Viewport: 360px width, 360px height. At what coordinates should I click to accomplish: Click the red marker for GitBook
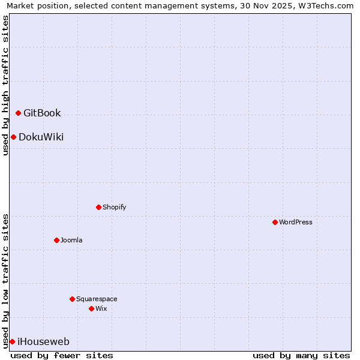[18, 113]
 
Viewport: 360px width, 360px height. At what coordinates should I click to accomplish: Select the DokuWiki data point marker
[13, 137]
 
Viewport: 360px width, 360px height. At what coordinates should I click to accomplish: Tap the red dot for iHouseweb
[12, 341]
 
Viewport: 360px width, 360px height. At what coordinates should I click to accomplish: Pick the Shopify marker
[98, 207]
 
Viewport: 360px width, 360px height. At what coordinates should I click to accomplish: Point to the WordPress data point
[275, 222]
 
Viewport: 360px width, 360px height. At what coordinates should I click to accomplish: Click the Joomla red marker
[56, 240]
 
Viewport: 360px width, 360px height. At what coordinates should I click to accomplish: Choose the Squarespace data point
[72, 299]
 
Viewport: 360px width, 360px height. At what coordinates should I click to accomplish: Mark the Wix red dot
[91, 308]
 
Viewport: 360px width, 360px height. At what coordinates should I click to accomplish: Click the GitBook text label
[42, 113]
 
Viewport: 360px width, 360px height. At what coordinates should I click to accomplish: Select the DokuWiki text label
[41, 137]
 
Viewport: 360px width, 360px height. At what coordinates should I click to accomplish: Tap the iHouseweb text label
[43, 342]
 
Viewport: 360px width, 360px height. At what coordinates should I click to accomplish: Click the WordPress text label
[296, 222]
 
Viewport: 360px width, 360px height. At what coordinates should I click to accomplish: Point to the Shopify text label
[115, 207]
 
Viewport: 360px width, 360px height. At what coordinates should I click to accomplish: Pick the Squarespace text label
[97, 299]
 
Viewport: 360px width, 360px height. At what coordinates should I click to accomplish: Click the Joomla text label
[71, 240]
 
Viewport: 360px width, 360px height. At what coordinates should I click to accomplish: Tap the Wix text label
[101, 308]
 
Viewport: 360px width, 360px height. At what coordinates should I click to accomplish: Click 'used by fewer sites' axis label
[62, 355]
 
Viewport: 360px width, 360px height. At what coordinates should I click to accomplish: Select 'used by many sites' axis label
[301, 355]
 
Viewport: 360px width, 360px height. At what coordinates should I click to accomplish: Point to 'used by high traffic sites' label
[5, 85]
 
